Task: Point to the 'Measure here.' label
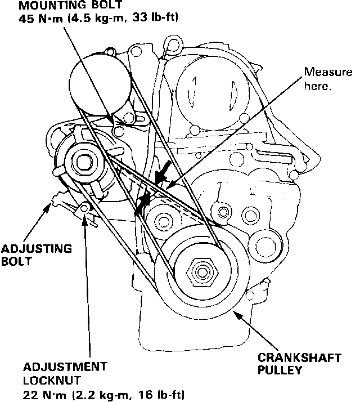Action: pyautogui.click(x=328, y=79)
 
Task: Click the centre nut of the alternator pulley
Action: pyautogui.click(x=85, y=162)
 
